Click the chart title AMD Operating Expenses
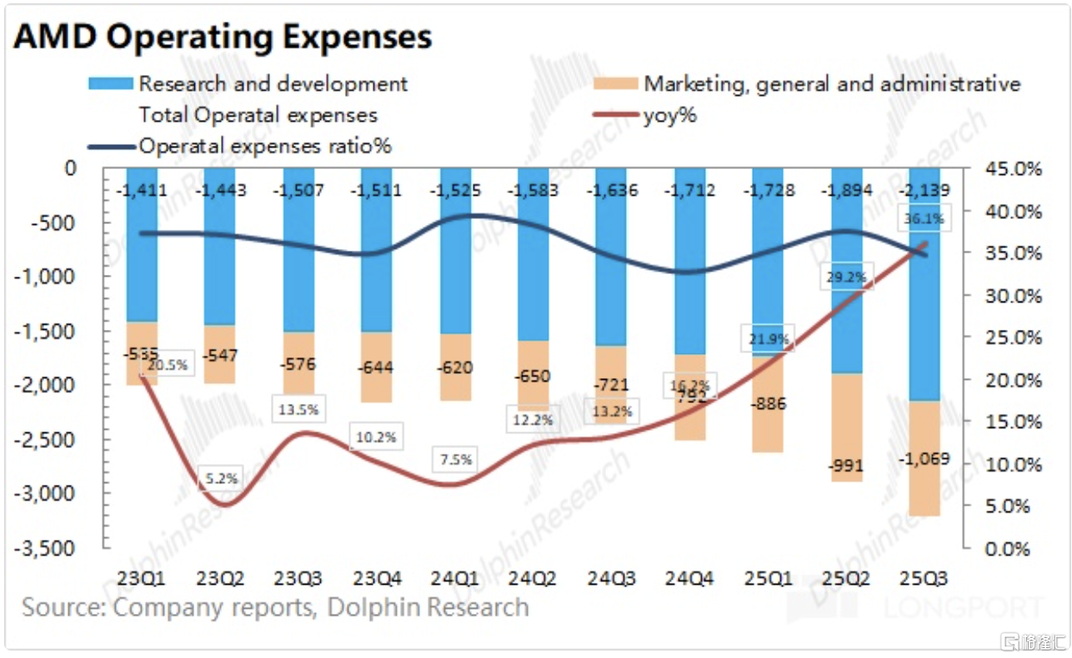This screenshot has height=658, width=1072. pyautogui.click(x=223, y=37)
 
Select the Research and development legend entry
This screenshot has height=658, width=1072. pyautogui.click(x=273, y=84)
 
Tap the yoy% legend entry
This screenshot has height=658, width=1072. pyautogui.click(x=669, y=116)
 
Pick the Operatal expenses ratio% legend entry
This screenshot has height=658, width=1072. pyautogui.click(x=265, y=147)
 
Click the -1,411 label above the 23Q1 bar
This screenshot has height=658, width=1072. pyautogui.click(x=143, y=191)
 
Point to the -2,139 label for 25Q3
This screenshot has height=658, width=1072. pyautogui.click(x=923, y=191)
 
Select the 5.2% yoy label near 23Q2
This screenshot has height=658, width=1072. pyautogui.click(x=222, y=478)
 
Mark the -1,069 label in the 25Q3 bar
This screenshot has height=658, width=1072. pyautogui.click(x=924, y=461)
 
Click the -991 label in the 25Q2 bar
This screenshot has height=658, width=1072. pyautogui.click(x=846, y=466)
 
